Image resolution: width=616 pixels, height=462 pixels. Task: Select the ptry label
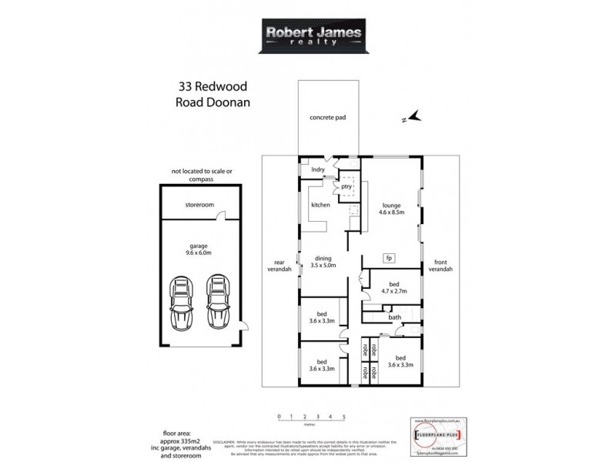pyautogui.click(x=346, y=186)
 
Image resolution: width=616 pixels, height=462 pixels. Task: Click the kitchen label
pyautogui.click(x=320, y=206)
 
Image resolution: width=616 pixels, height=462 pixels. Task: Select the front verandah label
pyautogui.click(x=442, y=264)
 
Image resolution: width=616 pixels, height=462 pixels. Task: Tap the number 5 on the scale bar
pyautogui.click(x=343, y=416)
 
